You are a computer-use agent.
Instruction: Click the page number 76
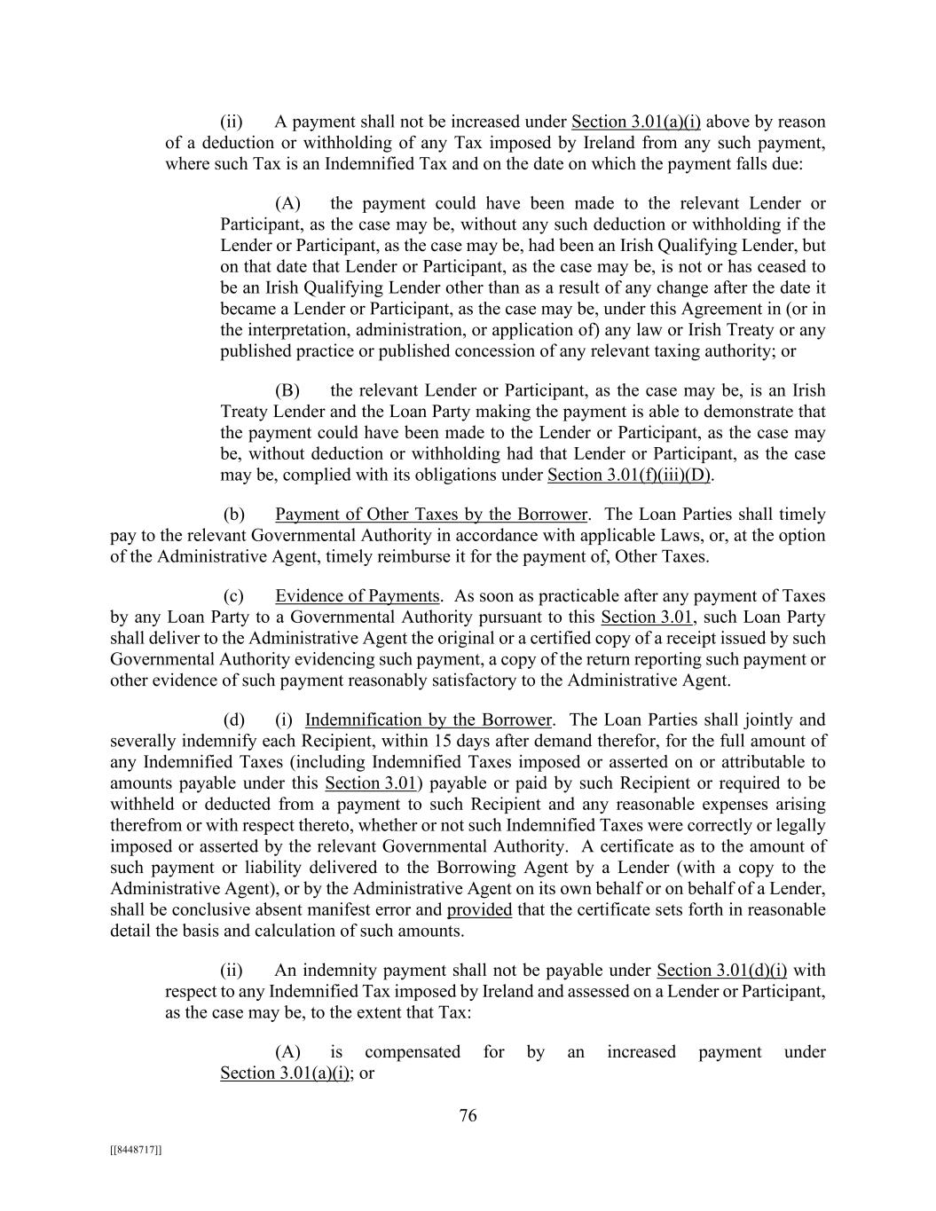(x=468, y=1116)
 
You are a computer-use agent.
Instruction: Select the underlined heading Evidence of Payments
(x=357, y=596)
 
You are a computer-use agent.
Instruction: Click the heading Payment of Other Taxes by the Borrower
(x=431, y=515)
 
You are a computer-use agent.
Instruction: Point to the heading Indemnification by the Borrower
(x=429, y=720)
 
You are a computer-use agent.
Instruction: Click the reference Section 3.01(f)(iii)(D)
(x=630, y=475)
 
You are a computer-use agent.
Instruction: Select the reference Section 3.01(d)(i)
(x=721, y=971)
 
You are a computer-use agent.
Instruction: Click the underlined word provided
(x=479, y=910)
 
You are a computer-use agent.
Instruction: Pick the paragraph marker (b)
(x=233, y=515)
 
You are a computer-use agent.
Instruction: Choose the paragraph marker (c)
(x=233, y=596)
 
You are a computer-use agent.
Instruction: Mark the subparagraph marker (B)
(x=287, y=390)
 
